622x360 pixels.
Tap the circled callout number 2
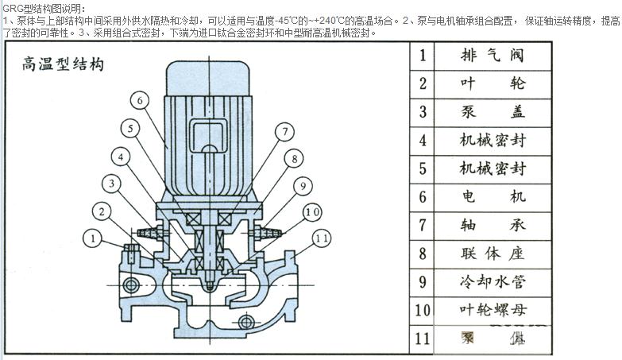pyautogui.click(x=100, y=211)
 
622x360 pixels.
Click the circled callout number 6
pyautogui.click(x=140, y=100)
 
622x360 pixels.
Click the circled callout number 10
pyautogui.click(x=311, y=212)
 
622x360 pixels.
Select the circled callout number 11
pyautogui.click(x=320, y=237)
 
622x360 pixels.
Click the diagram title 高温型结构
pyautogui.click(x=63, y=64)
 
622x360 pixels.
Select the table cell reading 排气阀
pyautogui.click(x=492, y=56)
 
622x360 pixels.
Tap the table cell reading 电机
pyautogui.click(x=492, y=196)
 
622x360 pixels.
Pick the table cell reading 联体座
pyautogui.click(x=492, y=254)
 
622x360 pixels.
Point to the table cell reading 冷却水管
pyautogui.click(x=492, y=281)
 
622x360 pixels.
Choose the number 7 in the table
pyautogui.click(x=423, y=225)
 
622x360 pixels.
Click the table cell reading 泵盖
pyautogui.click(x=492, y=112)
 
